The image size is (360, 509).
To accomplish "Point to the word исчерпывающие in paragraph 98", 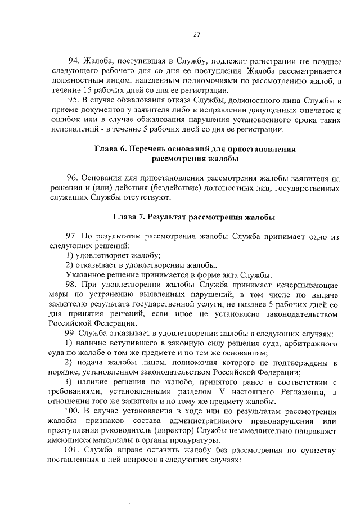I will click(309, 285).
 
